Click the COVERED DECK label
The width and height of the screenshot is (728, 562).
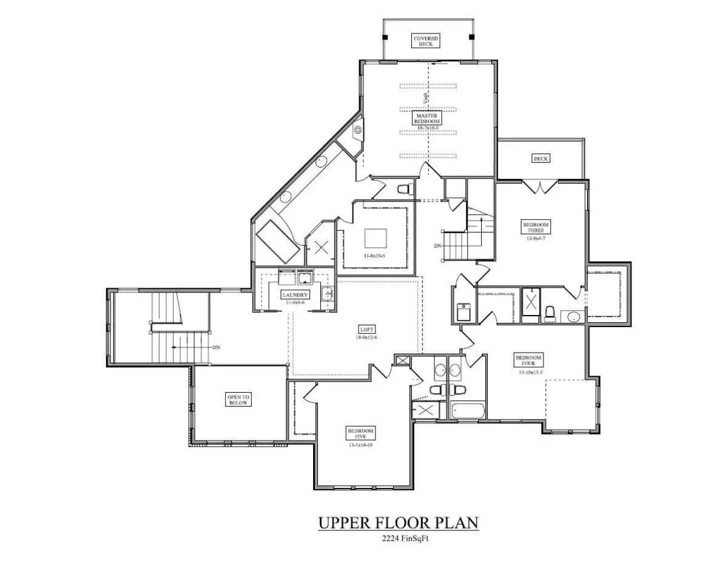[x=426, y=41]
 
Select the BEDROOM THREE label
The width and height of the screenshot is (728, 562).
[x=536, y=227]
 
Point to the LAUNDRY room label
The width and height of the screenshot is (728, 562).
[x=295, y=295]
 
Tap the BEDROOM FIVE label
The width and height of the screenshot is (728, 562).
[x=360, y=433]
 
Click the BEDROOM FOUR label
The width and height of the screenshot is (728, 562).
[x=528, y=361]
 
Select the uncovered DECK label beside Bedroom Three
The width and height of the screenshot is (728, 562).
[x=541, y=158]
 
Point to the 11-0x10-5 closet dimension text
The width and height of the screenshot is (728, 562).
[x=374, y=256]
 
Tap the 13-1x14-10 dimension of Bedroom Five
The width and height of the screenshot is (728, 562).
[x=360, y=445]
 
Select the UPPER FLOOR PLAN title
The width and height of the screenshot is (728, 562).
[x=399, y=523]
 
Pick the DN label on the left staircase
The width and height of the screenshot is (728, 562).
[x=216, y=348]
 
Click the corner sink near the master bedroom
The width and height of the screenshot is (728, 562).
[x=358, y=129]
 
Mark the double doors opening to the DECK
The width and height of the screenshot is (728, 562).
[x=541, y=186]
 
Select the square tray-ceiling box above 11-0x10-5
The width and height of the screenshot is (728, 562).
[x=374, y=236]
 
